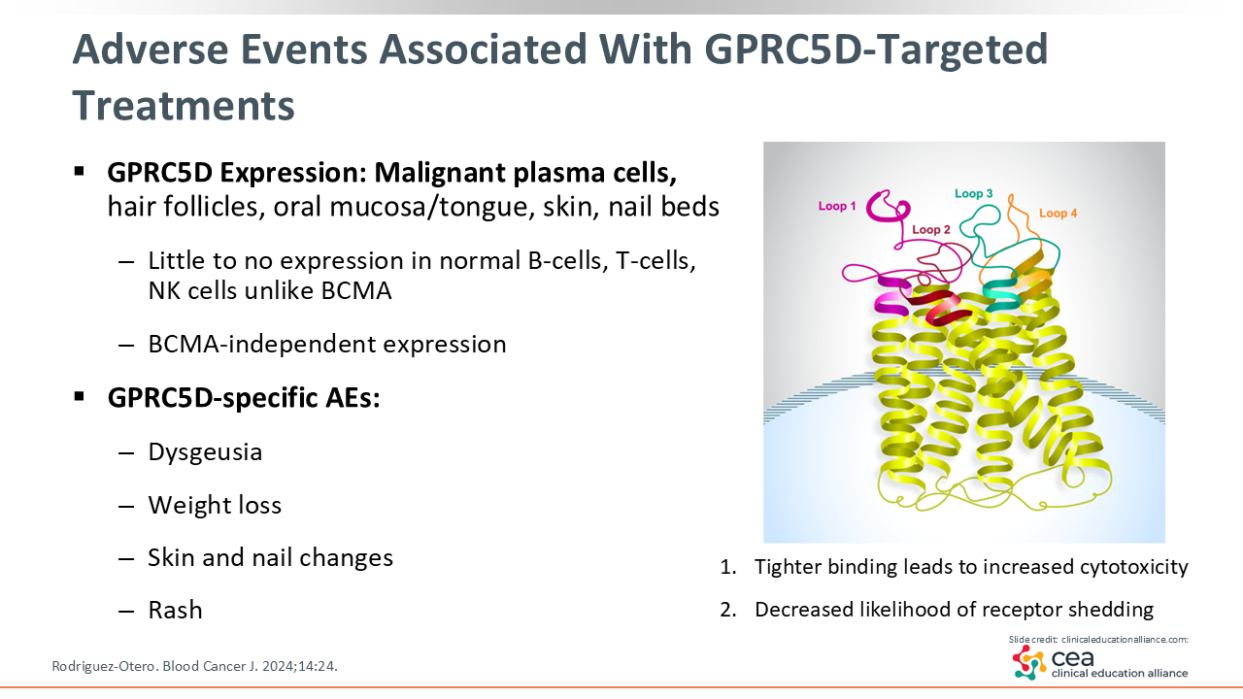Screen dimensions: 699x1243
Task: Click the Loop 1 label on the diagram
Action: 837,207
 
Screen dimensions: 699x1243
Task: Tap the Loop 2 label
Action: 931,230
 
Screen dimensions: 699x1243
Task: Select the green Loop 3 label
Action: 973,194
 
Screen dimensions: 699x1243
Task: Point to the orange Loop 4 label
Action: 1058,214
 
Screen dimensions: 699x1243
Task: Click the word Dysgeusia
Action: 205,452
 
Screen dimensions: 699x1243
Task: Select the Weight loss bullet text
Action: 215,505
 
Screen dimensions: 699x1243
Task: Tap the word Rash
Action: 175,610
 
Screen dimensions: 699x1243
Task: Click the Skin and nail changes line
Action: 270,557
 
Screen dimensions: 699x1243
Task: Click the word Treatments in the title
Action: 184,105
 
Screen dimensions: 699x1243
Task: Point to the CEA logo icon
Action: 1029,662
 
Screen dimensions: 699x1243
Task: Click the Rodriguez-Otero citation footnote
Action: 194,666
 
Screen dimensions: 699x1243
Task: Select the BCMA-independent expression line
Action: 326,344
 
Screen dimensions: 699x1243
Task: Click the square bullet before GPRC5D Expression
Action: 80,172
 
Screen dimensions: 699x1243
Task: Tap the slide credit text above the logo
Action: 1098,639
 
